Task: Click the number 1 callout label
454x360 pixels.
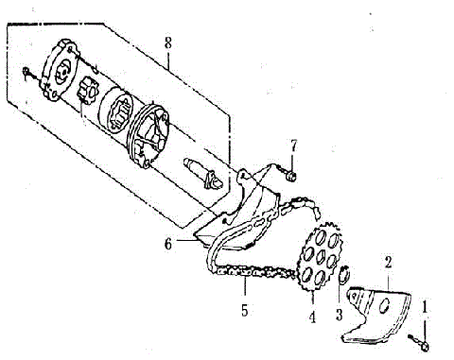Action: (425, 305)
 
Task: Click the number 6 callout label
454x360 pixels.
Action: (167, 243)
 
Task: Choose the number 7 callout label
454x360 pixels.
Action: (293, 145)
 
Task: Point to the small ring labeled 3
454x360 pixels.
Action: (345, 278)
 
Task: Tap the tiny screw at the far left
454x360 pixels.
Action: (29, 71)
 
